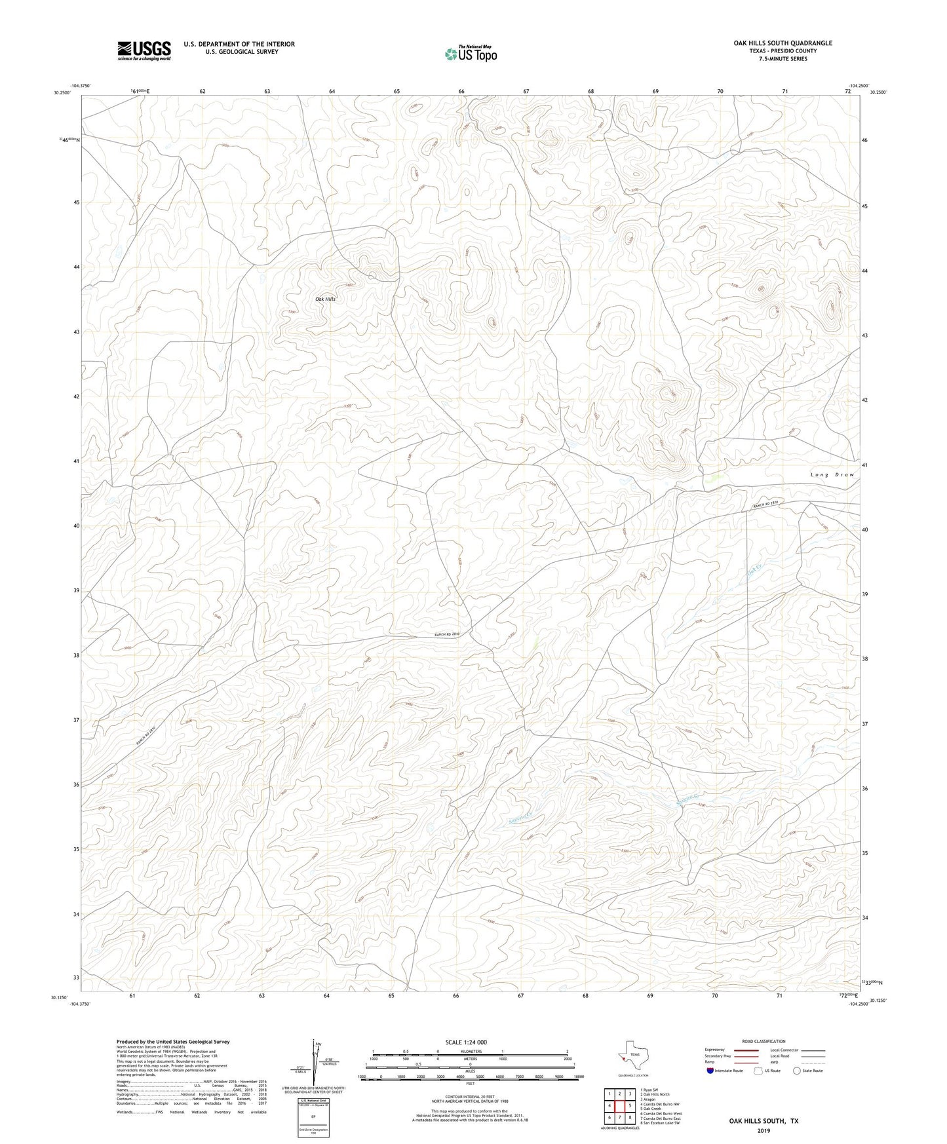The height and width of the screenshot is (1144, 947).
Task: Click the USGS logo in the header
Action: point(144,50)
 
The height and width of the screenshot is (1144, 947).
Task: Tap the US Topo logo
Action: point(470,54)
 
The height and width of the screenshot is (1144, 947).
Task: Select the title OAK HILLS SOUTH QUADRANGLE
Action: point(783,43)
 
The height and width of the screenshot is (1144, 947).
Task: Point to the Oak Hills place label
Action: point(325,299)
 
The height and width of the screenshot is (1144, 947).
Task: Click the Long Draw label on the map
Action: point(832,474)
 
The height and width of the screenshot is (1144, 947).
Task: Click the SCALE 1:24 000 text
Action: point(466,1042)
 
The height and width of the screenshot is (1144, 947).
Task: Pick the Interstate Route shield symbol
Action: point(710,1071)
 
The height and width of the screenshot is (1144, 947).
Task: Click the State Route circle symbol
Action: point(797,1071)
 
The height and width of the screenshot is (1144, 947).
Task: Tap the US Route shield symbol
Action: point(759,1071)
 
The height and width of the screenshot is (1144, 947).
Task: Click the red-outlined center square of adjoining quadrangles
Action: point(619,1105)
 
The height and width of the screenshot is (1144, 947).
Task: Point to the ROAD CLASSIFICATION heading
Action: point(763,1041)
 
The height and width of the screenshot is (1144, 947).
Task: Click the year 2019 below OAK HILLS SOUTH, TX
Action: point(763,1130)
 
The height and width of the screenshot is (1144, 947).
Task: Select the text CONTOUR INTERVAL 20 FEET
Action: point(469,1099)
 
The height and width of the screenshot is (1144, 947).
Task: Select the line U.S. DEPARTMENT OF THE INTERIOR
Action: point(239,44)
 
